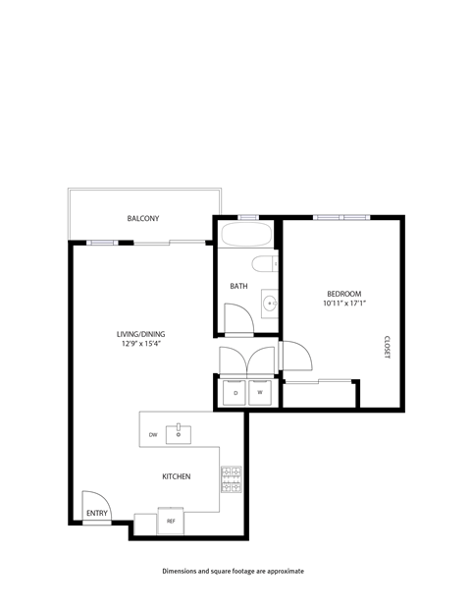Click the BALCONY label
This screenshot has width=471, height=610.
143,218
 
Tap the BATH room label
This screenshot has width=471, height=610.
238,286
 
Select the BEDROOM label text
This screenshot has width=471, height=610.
344,294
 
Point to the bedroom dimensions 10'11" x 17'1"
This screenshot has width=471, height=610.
344,304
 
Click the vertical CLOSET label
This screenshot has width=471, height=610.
387,348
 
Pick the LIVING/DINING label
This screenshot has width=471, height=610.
139,334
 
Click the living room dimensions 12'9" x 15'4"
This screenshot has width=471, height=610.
139,344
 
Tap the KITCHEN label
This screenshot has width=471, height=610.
177,476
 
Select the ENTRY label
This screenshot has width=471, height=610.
96,513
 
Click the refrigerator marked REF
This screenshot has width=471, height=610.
171,522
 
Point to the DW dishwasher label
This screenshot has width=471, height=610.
153,434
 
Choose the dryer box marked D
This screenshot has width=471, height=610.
235,393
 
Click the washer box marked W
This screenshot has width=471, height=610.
260,393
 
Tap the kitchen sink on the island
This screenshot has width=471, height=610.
179,430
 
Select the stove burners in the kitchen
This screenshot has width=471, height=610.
232,479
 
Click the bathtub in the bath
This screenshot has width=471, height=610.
248,235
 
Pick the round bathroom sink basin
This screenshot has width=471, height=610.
268,303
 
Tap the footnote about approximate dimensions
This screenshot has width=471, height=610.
234,570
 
